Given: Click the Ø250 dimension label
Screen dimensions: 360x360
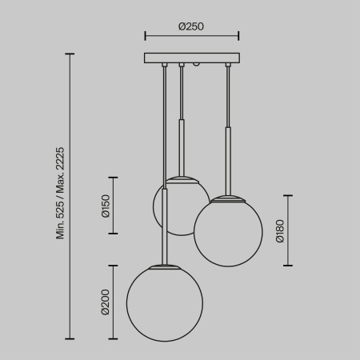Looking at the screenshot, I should [x=191, y=26].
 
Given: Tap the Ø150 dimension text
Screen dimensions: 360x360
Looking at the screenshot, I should [x=105, y=206].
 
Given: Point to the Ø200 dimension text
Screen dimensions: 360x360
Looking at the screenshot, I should [x=105, y=302].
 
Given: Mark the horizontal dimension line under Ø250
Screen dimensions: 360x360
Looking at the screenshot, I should [x=192, y=36].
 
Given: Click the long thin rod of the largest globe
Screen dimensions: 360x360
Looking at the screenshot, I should [x=164, y=160].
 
